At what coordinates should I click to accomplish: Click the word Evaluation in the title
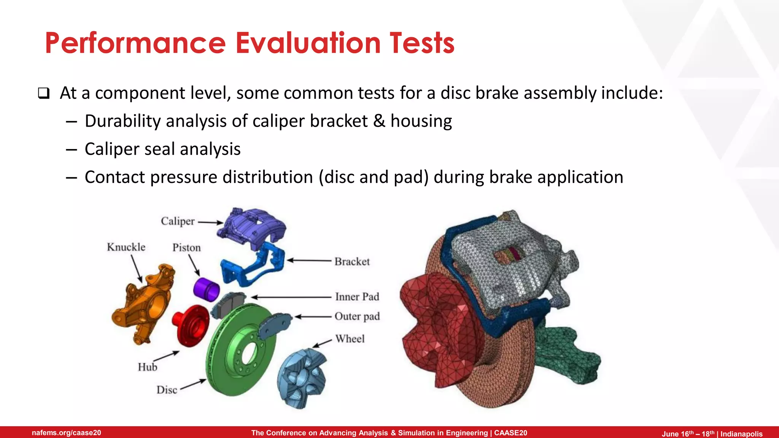click(x=308, y=43)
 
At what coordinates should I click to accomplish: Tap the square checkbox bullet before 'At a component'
click(x=44, y=94)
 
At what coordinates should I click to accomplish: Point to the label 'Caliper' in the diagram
click(x=177, y=221)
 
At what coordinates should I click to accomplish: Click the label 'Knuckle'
click(x=126, y=247)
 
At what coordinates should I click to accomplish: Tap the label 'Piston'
click(x=186, y=248)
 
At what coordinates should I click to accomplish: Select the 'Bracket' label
click(x=352, y=262)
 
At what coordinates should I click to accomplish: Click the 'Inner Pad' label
click(x=357, y=297)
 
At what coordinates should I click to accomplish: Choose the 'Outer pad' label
click(x=357, y=316)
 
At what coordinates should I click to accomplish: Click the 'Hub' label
click(x=147, y=367)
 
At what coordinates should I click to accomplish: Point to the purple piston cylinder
click(x=206, y=289)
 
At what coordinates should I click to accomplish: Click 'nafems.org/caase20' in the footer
click(x=67, y=433)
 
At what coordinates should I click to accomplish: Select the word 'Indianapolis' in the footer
click(x=741, y=434)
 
